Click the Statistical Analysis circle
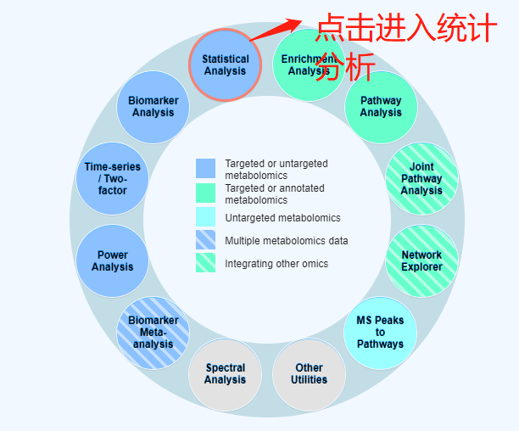tap(225, 64)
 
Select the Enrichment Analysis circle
tap(309, 64)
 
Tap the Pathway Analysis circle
tap(381, 107)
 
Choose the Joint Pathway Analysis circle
tap(421, 178)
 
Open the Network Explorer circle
tap(421, 260)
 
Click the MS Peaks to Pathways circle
tap(380, 333)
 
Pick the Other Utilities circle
tap(309, 374)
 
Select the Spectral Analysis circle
tap(225, 374)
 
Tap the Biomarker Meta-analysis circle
tap(153, 333)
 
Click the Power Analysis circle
tap(112, 260)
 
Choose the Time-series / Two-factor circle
tap(112, 178)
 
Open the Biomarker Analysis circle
tap(153, 107)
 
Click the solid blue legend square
tap(205, 168)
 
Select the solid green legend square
tap(205, 193)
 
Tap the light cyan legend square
tap(205, 217)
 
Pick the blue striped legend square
tap(205, 239)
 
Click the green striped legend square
tap(205, 262)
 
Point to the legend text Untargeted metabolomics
tap(282, 218)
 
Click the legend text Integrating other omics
tap(276, 264)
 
